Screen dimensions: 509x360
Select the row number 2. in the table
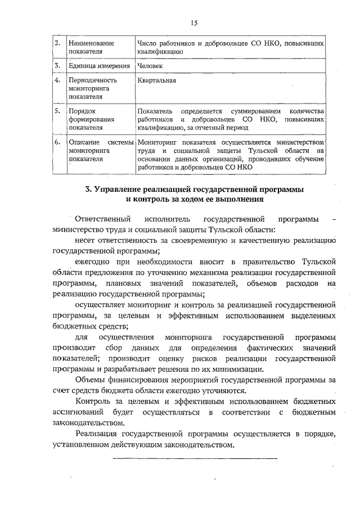click(x=58, y=43)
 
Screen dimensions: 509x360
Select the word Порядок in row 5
click(x=82, y=111)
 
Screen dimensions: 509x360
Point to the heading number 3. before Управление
click(x=88, y=190)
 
